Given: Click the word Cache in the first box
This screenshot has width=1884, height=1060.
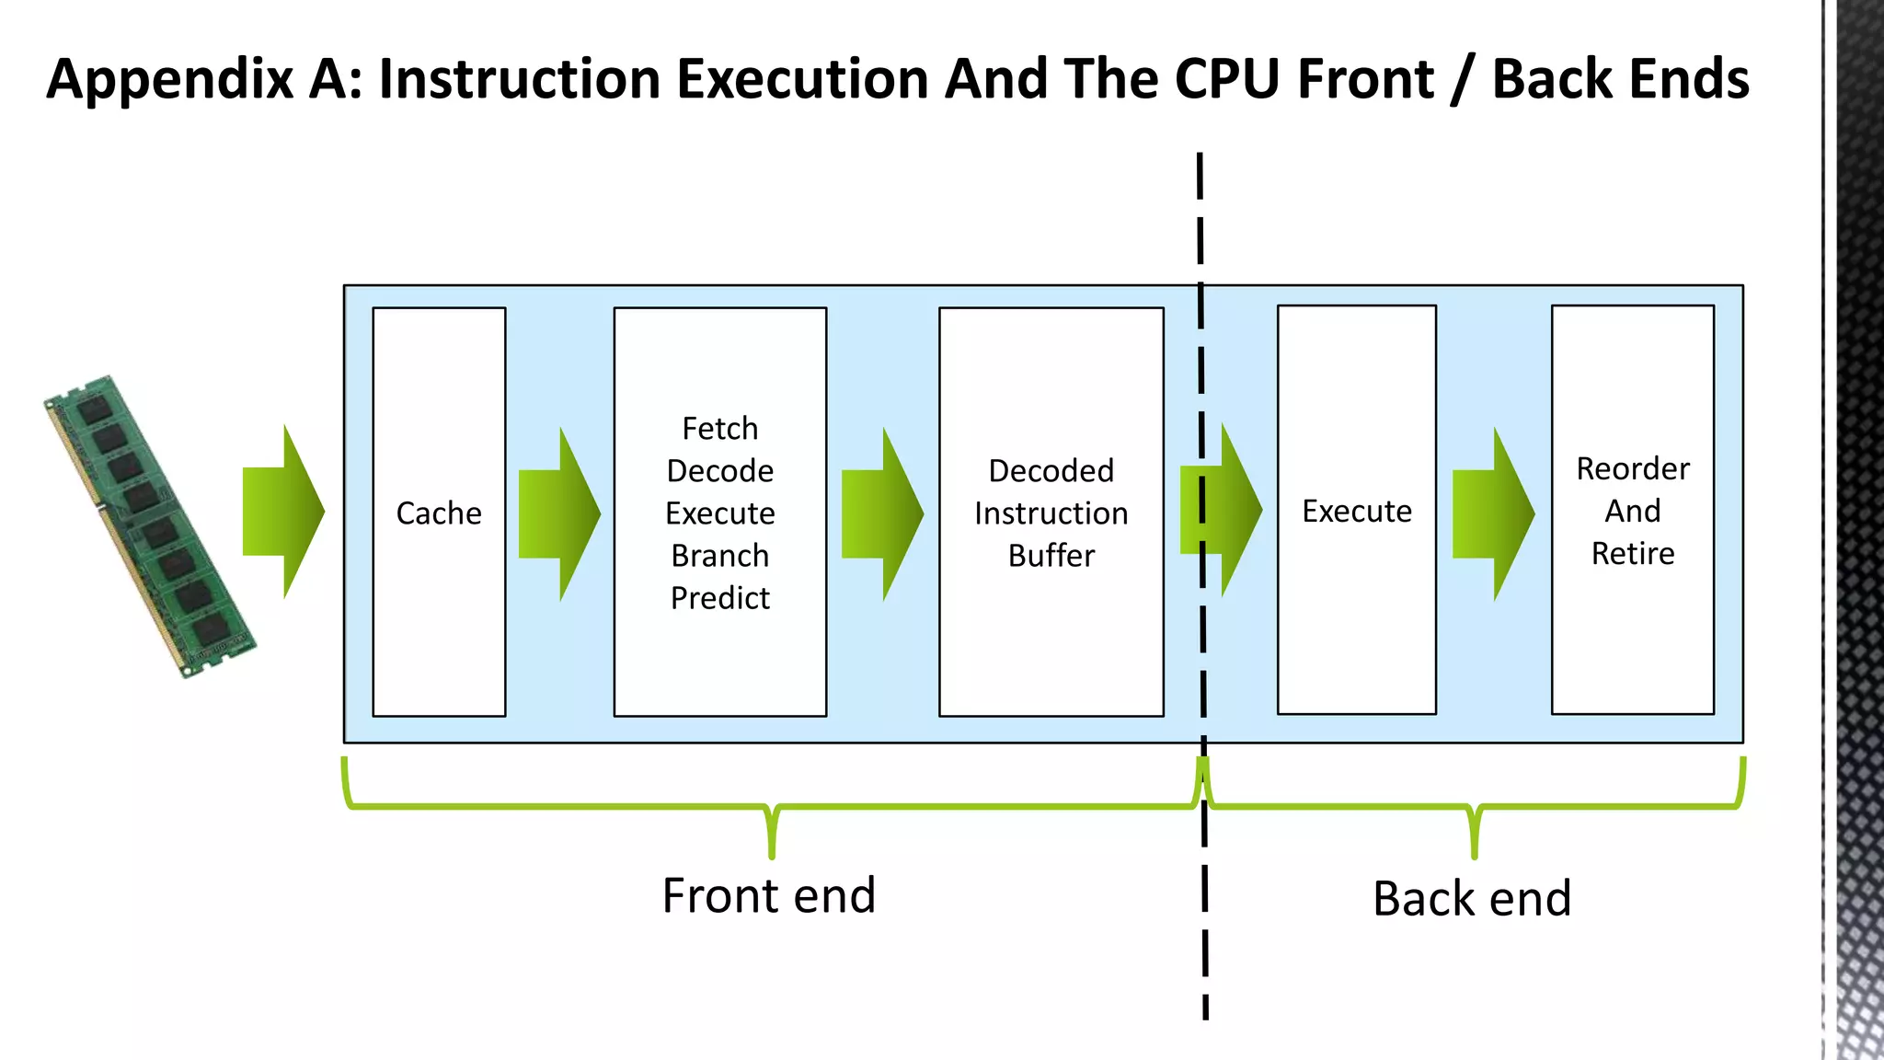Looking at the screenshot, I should click(439, 513).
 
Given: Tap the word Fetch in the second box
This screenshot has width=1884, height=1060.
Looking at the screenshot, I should click(719, 429).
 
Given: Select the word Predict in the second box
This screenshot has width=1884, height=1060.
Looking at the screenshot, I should click(719, 598).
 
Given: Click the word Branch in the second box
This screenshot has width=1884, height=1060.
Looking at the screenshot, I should click(719, 556).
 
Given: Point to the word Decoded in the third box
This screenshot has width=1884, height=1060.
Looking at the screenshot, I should click(1051, 471).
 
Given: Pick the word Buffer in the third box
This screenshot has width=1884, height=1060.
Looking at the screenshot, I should click(1051, 556).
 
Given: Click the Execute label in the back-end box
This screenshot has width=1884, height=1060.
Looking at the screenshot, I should click(1356, 511).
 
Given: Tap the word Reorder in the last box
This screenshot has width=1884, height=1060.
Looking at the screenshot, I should click(1632, 468).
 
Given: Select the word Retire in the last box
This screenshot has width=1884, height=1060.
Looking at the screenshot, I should click(1632, 553).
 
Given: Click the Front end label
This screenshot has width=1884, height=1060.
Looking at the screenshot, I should click(768, 895).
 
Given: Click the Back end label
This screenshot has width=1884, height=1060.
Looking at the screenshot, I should click(1471, 898).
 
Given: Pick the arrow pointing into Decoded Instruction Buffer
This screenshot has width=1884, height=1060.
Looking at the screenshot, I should click(881, 513).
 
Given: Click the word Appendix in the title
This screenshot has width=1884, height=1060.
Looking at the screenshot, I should click(169, 79).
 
